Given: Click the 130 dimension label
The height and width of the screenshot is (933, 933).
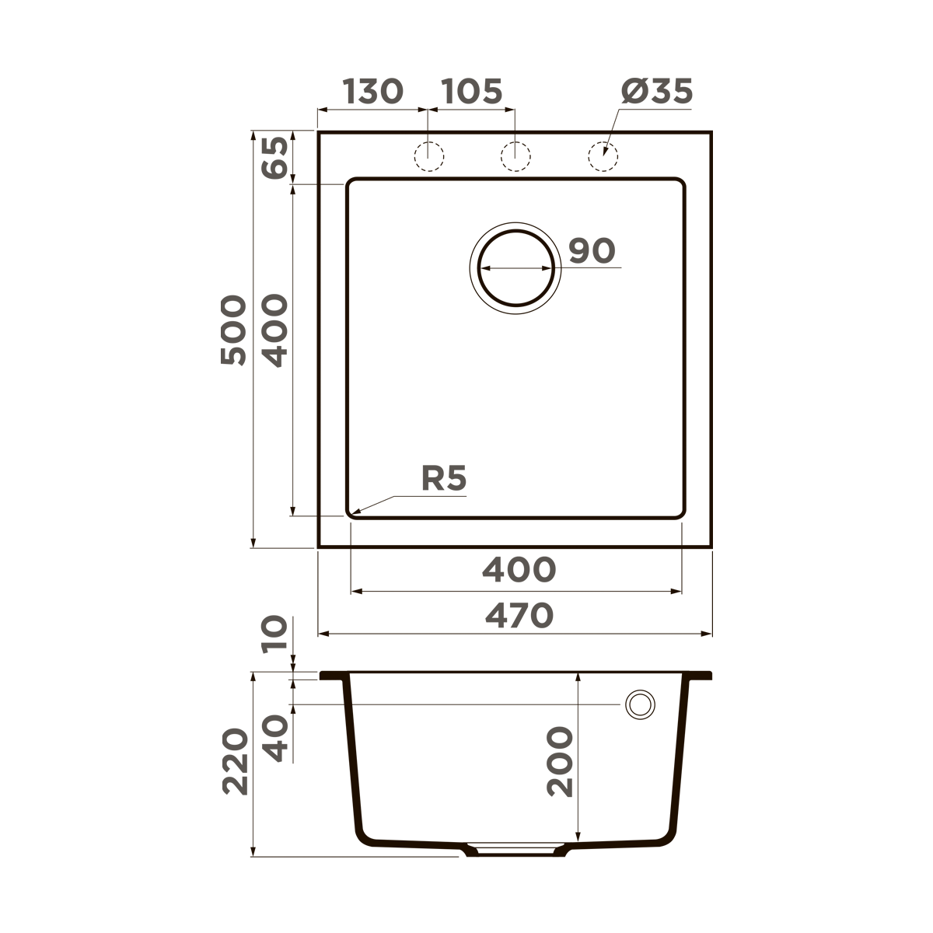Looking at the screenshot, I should tap(373, 92).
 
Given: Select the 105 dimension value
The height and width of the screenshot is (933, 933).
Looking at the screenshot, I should tap(472, 92).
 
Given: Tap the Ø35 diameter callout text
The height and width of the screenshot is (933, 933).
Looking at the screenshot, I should tap(657, 92).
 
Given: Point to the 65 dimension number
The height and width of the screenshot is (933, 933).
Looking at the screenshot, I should tap(275, 158).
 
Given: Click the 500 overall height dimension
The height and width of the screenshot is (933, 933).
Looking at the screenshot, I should tap(233, 330).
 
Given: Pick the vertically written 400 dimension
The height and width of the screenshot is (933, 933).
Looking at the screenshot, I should tap(274, 330).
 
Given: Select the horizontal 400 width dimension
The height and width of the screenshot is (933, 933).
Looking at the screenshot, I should tap(519, 570).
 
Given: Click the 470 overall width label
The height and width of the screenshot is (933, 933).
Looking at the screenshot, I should tap(519, 616).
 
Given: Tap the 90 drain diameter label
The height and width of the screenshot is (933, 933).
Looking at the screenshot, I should tap(592, 251).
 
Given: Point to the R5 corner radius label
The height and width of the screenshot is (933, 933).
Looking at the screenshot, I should tap(444, 478).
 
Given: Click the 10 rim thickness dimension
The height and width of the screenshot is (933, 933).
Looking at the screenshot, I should tap(275, 635).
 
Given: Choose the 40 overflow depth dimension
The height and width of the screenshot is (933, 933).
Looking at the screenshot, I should tap(275, 738).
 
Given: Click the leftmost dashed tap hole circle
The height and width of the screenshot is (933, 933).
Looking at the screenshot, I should tap(428, 156).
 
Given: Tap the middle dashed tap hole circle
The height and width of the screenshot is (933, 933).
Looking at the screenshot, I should tap(515, 156).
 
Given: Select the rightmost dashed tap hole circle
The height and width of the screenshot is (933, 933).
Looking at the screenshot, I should tap(603, 156).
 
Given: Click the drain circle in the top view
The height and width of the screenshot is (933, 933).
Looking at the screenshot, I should tap(515, 267).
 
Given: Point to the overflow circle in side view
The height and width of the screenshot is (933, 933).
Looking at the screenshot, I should tap(640, 704).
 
